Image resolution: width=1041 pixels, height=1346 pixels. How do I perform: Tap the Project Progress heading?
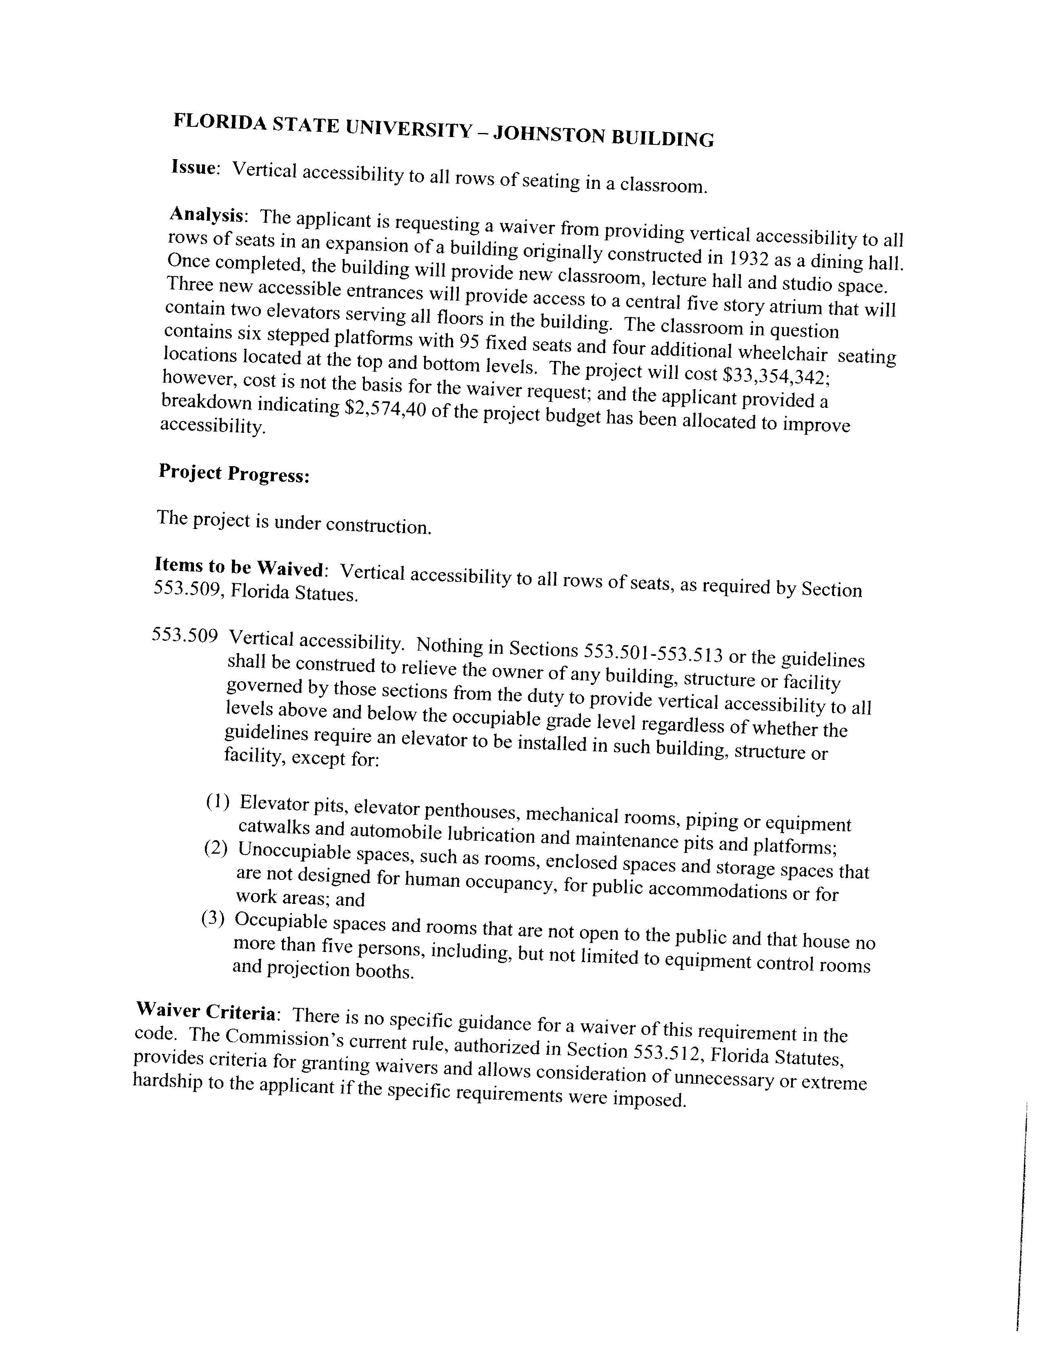[234, 473]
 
